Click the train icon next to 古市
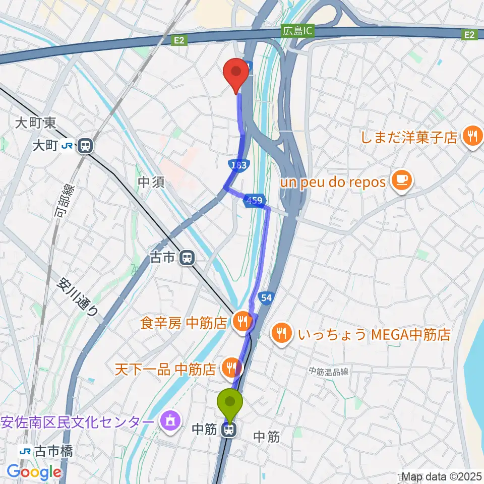click(x=187, y=258)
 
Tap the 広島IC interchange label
click(x=297, y=31)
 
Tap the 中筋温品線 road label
click(x=329, y=372)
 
